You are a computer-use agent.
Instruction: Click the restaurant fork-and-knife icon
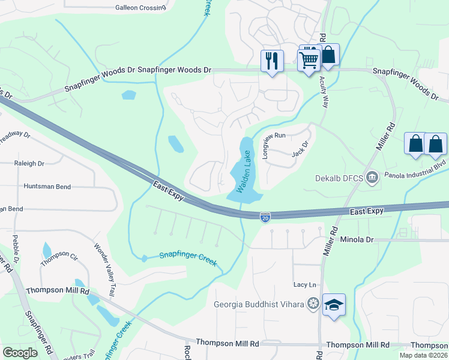(x=272, y=61)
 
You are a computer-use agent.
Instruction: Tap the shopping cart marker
(x=309, y=60)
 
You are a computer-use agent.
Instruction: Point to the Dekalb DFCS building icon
(x=372, y=178)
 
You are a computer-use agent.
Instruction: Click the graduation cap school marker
(x=333, y=305)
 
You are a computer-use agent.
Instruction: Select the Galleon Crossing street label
(x=140, y=8)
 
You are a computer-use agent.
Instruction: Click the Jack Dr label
(x=300, y=148)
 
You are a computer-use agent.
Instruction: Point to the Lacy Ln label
(x=304, y=284)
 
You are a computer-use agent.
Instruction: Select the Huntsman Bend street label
(x=47, y=187)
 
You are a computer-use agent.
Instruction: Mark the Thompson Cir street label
(x=59, y=258)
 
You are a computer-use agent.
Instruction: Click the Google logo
(x=20, y=352)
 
